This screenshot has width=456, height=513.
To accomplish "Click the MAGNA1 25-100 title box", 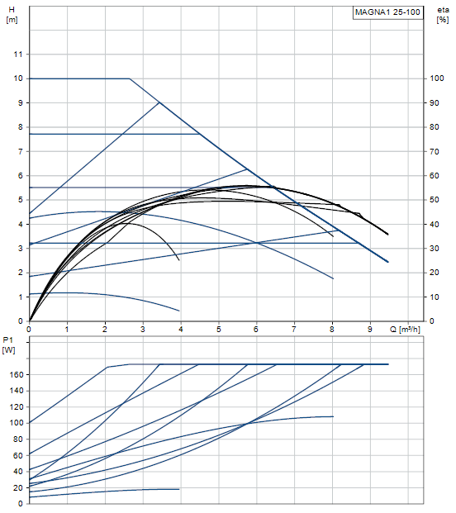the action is pyautogui.click(x=387, y=12).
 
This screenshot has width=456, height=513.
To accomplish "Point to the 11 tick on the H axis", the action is pyautogui.click(x=18, y=55).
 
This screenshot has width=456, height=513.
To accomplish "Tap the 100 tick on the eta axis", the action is pyautogui.click(x=437, y=78).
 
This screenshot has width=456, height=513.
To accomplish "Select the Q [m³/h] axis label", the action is pyautogui.click(x=405, y=329).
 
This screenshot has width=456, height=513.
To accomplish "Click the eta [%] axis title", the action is pyautogui.click(x=443, y=15).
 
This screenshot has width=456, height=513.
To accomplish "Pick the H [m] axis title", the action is pyautogui.click(x=12, y=15).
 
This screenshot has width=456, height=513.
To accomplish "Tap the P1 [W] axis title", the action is pyautogui.click(x=8, y=345).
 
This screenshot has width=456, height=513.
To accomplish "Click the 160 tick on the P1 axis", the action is pyautogui.click(x=17, y=374).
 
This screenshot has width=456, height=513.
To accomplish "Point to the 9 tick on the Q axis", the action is pyautogui.click(x=370, y=329).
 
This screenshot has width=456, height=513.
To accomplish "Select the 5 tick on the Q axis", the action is pyautogui.click(x=219, y=329).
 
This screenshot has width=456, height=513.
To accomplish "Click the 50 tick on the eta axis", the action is pyautogui.click(x=434, y=200).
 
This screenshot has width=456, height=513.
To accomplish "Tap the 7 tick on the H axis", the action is pyautogui.click(x=21, y=151).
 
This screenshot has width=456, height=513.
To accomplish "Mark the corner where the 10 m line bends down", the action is pyautogui.click(x=130, y=78).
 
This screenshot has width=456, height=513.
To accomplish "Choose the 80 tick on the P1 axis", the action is pyautogui.click(x=18, y=439).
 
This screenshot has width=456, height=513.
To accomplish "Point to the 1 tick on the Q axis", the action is pyautogui.click(x=67, y=329).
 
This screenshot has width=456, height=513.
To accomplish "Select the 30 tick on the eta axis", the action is pyautogui.click(x=434, y=249).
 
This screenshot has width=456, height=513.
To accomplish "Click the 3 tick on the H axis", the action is pyautogui.click(x=21, y=249).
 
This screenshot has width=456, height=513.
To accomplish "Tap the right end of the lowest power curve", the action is pyautogui.click(x=179, y=489).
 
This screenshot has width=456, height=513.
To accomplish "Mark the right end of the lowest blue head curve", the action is pyautogui.click(x=179, y=311).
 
